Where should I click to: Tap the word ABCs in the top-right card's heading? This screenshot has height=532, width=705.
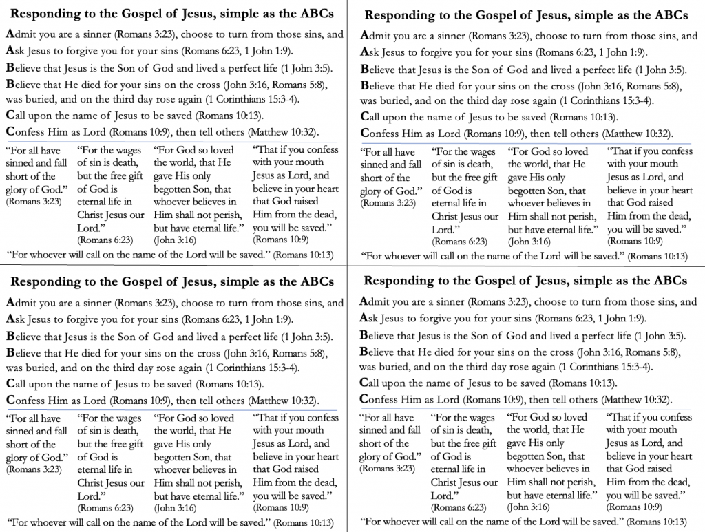(x=669, y=15)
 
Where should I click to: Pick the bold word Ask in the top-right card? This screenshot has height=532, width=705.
(x=370, y=51)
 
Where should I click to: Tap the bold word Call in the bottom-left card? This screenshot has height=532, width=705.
(x=17, y=383)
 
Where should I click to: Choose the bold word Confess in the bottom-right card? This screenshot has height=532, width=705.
(x=381, y=399)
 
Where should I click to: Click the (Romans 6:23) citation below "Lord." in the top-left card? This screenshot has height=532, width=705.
(x=105, y=240)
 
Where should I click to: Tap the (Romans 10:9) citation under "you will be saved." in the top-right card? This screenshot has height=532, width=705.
(x=633, y=241)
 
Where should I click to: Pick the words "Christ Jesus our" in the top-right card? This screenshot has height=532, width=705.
(x=465, y=216)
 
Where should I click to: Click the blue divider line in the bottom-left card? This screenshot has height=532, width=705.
(x=172, y=410)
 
